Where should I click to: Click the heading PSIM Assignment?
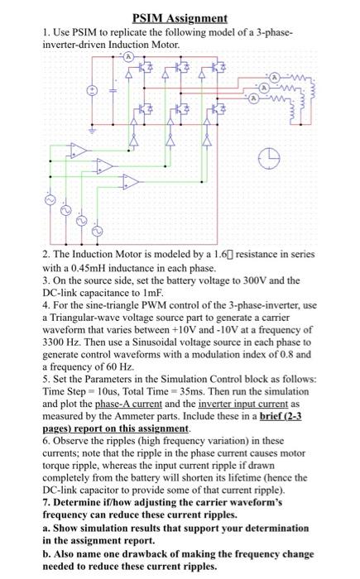[x=180, y=17]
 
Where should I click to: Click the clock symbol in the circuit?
[x=266, y=155]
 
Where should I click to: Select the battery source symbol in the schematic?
[x=93, y=89]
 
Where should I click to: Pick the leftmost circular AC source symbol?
[x=48, y=201]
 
